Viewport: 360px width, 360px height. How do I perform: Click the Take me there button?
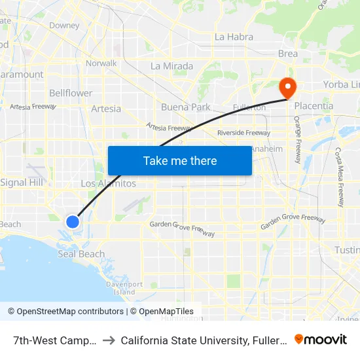180,160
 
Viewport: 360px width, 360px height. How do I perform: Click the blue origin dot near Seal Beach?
73,221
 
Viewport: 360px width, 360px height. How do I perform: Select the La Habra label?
234,37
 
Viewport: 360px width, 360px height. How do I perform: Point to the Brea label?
287,54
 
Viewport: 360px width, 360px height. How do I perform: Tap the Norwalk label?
101,63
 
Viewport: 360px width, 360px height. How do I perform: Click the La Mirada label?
171,66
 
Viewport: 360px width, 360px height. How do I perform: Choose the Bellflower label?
71,93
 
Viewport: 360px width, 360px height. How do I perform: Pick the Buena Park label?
186,107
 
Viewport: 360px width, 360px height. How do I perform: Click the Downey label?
64,26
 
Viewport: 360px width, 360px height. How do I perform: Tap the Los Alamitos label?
108,183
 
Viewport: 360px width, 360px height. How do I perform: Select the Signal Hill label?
22,182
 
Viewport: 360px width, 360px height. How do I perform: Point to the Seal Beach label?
81,254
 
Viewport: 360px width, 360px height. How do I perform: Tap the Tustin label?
347,250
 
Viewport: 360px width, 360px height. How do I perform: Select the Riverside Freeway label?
243,133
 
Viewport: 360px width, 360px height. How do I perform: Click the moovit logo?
321,339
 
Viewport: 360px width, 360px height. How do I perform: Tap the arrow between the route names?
109,340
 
